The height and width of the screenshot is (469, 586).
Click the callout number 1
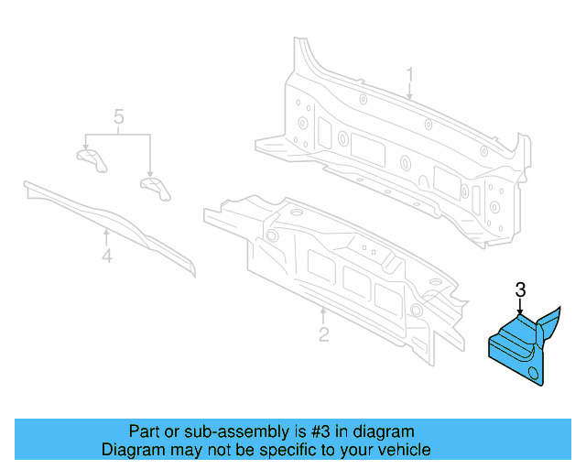[410, 73]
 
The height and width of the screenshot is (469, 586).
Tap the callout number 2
[323, 335]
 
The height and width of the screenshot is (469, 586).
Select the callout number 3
[520, 290]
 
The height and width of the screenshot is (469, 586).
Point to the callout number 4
[107, 256]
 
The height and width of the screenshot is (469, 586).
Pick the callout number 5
[118, 116]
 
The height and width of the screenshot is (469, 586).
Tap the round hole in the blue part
[532, 373]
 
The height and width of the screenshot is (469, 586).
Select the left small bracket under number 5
[90, 158]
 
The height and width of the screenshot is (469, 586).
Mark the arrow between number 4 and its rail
[107, 237]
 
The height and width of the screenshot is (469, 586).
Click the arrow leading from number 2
[322, 314]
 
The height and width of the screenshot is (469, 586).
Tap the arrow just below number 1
[410, 91]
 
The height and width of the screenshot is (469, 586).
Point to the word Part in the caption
[144, 431]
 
